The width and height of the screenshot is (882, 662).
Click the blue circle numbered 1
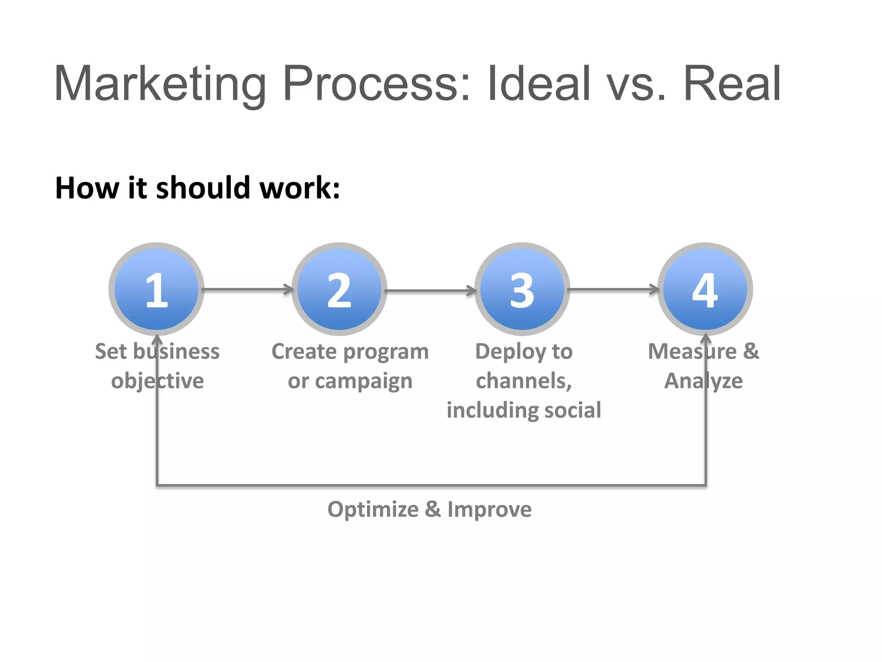[x=156, y=289]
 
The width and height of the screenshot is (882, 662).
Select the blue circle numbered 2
[x=339, y=289]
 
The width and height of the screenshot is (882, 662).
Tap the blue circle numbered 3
[x=522, y=289]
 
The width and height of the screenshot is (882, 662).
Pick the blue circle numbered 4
[x=705, y=289]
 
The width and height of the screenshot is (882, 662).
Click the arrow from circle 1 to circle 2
[x=248, y=289]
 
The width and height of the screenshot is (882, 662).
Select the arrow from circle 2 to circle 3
[x=431, y=291]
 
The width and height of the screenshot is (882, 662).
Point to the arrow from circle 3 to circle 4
[x=613, y=289]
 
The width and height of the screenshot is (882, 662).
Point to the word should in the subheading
[x=203, y=188]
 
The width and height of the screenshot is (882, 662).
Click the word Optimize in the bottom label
[x=373, y=510]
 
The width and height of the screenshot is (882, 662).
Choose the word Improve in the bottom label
[x=489, y=510]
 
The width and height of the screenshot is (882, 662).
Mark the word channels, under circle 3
[x=524, y=381]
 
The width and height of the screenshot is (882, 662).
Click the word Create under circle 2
[x=304, y=352]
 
